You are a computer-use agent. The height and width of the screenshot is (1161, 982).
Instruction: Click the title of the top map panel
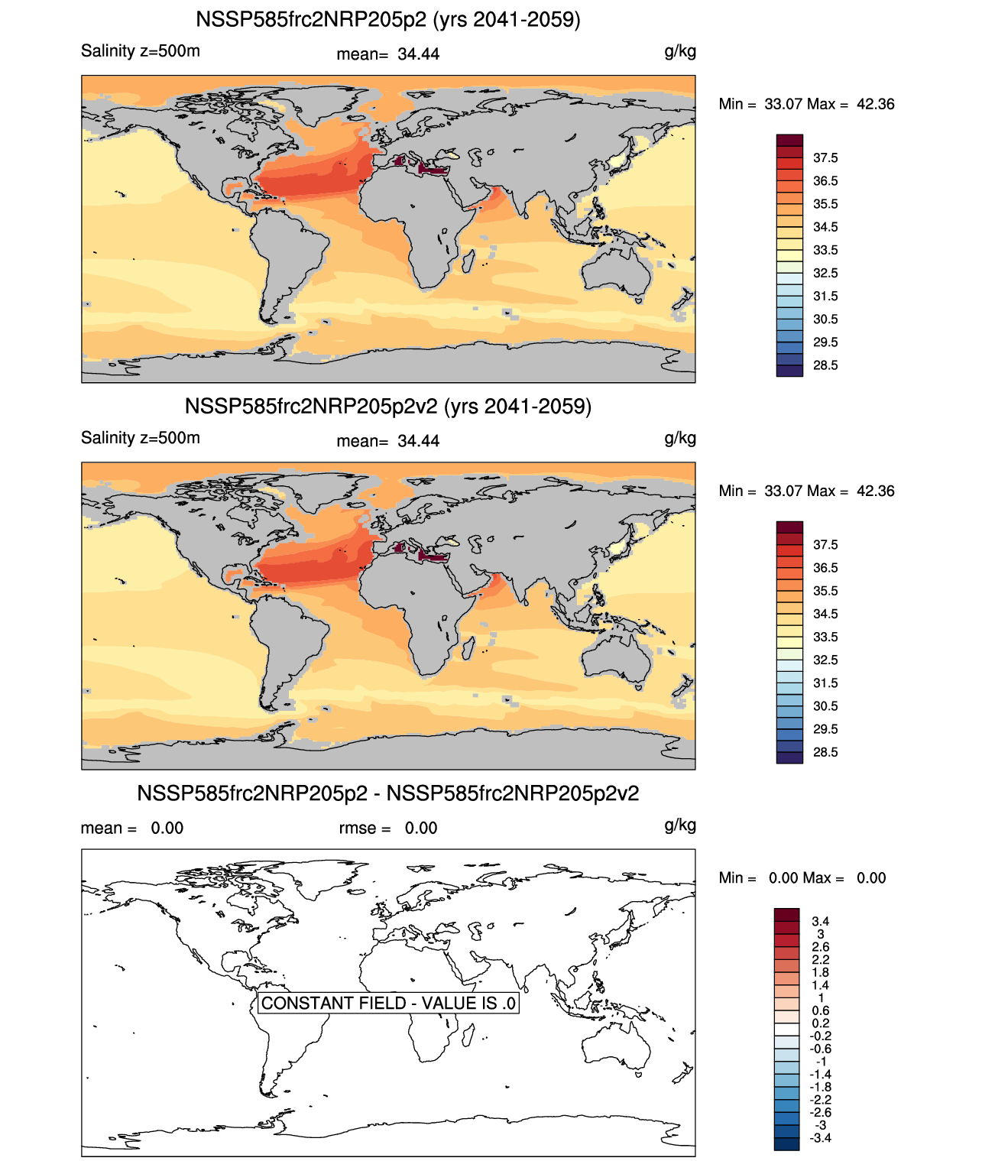[x=388, y=19]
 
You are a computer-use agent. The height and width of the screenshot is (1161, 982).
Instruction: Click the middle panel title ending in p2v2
[x=388, y=406]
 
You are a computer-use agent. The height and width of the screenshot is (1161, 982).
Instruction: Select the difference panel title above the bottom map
[x=388, y=793]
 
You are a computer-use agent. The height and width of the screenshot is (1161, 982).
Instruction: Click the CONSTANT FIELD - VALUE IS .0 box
[x=388, y=1003]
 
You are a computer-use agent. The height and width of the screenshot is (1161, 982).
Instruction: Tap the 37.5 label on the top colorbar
[x=825, y=158]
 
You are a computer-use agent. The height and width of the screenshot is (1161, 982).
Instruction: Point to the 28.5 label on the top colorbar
[x=825, y=365]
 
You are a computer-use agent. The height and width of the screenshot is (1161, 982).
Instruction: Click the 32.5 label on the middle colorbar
[x=825, y=660]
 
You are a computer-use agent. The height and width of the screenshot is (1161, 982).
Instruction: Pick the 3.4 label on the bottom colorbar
[x=821, y=921]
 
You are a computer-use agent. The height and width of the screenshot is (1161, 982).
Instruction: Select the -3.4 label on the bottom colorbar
[x=820, y=1137]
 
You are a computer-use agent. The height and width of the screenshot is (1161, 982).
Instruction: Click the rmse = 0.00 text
[x=388, y=829]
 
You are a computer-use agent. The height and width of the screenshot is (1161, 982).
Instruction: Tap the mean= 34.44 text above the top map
[x=388, y=54]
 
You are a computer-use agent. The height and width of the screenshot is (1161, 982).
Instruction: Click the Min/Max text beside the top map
[x=806, y=104]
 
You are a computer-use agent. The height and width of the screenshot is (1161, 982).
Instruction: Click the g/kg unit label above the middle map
[x=680, y=438]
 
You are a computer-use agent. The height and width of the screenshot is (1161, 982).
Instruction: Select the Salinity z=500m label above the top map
[x=141, y=51]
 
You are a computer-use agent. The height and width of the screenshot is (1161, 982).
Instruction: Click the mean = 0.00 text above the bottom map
[x=132, y=829]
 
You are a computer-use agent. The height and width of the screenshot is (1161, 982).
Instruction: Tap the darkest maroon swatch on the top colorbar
[x=789, y=141]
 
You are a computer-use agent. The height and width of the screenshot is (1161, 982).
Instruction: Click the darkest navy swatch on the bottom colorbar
[x=786, y=1143]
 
